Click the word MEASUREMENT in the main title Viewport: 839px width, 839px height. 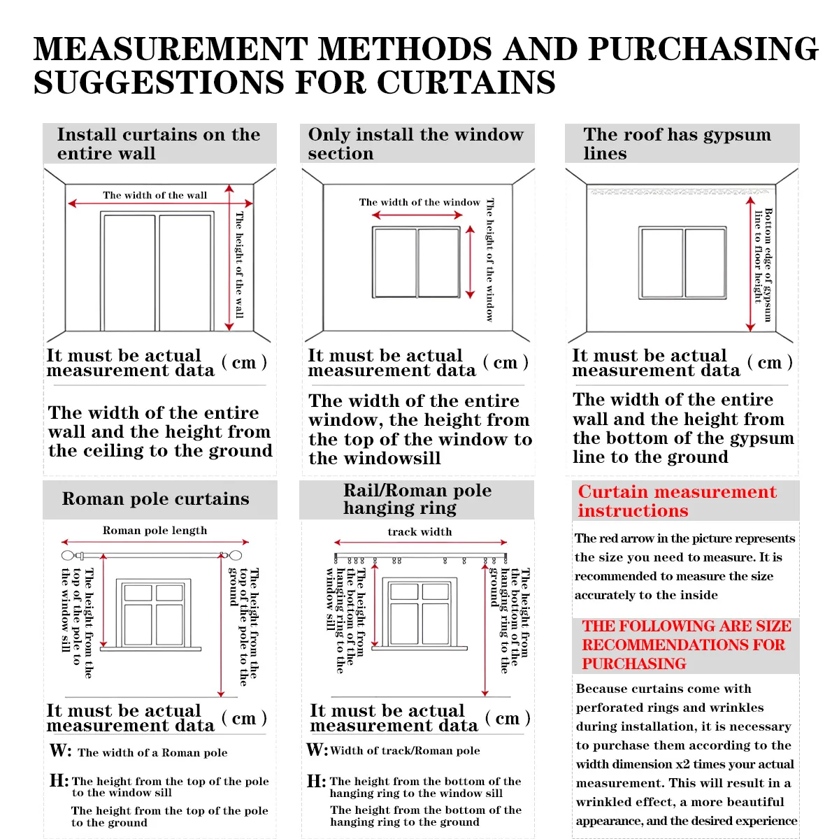(x=171, y=50)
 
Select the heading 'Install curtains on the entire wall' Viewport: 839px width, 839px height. (x=159, y=144)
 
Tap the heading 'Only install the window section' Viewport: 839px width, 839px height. (x=415, y=144)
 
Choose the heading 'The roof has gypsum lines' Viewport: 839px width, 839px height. (x=677, y=144)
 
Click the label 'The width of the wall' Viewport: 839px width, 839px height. (x=155, y=195)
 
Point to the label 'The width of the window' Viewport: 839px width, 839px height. (x=419, y=202)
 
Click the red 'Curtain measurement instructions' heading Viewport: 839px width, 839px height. (x=677, y=501)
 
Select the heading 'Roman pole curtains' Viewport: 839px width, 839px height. (x=155, y=499)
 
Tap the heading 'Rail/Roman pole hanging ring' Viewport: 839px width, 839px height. (x=417, y=499)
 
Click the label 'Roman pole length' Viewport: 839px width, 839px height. (x=155, y=531)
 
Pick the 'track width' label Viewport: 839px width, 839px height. (x=419, y=532)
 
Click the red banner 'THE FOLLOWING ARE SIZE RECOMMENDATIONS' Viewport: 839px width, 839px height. (x=686, y=645)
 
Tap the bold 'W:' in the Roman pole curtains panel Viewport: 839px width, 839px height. (x=60, y=751)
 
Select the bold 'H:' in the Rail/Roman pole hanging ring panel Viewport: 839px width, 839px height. (x=317, y=781)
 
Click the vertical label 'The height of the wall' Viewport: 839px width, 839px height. (x=239, y=265)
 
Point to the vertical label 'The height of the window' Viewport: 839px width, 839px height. (x=489, y=259)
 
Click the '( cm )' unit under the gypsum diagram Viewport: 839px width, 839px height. (x=770, y=362)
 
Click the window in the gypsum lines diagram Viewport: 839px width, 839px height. (x=682, y=262)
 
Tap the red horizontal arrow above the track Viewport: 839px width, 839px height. (x=420, y=543)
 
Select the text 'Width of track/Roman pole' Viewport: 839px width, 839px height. (x=405, y=751)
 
